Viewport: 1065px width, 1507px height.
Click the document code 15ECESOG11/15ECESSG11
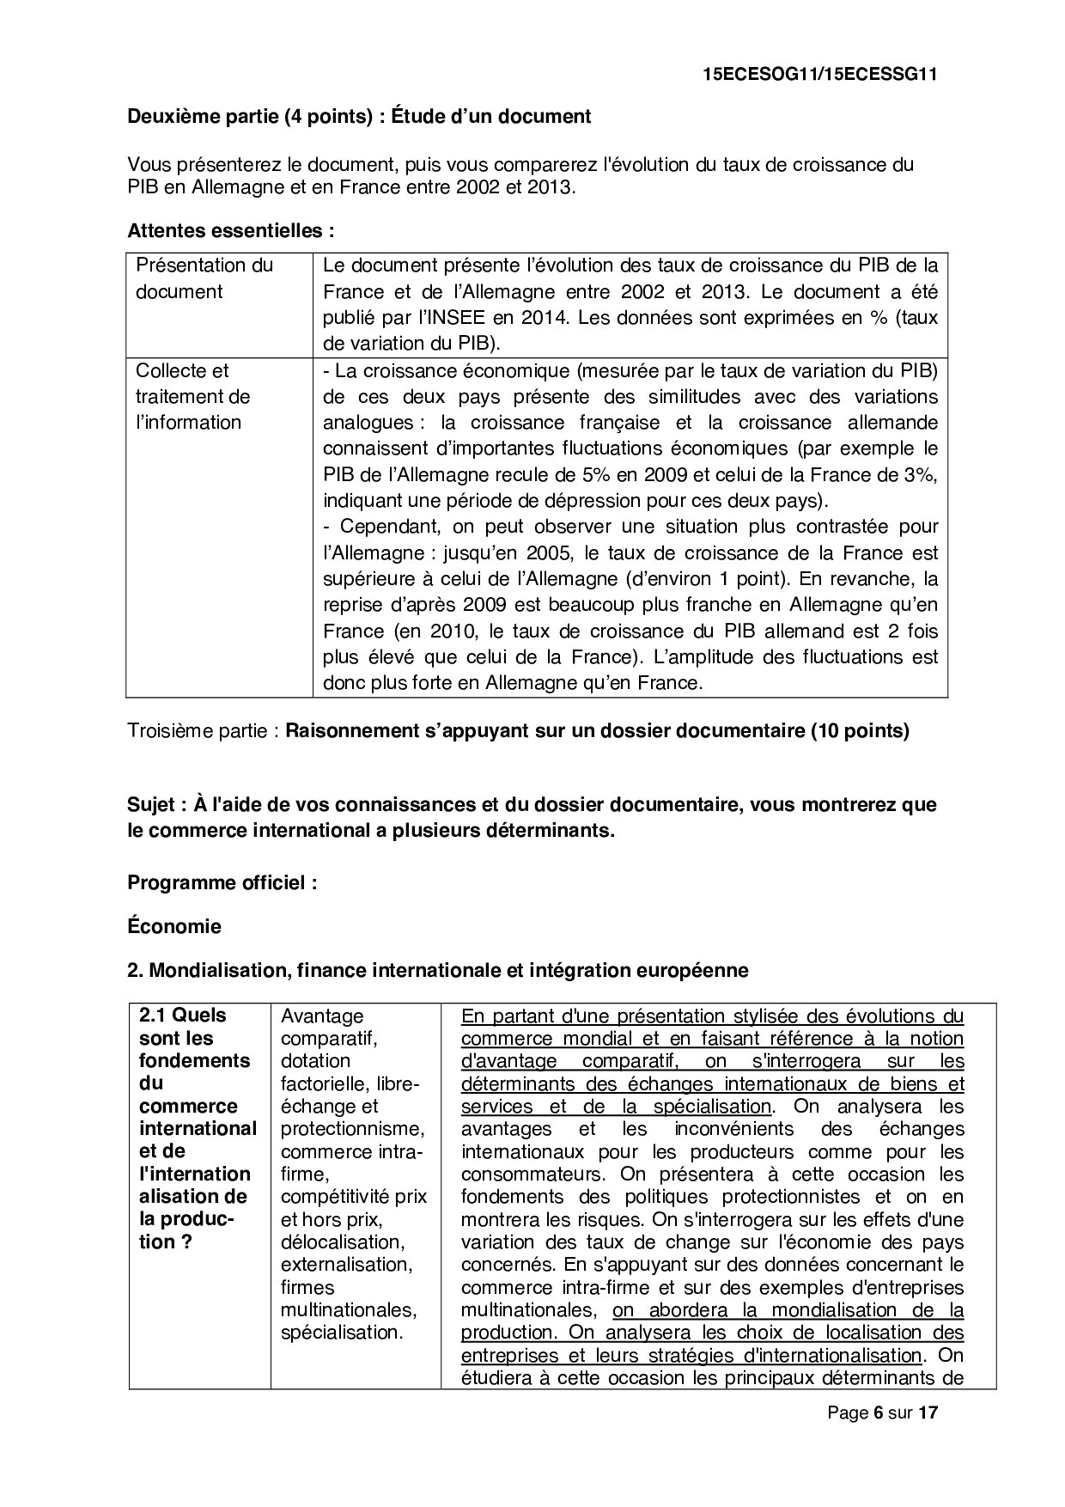point(819,75)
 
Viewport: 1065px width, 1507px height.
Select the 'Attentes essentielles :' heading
point(230,231)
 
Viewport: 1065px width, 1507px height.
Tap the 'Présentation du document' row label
point(204,278)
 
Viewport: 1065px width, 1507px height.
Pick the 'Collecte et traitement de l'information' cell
point(193,397)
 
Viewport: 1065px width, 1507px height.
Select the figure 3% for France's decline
point(922,475)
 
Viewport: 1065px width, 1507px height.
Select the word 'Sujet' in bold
point(152,805)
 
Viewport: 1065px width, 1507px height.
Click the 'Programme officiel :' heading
point(222,883)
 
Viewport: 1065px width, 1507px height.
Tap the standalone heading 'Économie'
point(174,927)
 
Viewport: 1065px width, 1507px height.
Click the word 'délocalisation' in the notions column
point(341,1242)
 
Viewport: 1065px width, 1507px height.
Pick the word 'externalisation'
point(346,1265)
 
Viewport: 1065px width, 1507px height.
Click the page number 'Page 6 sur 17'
point(882,1412)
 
